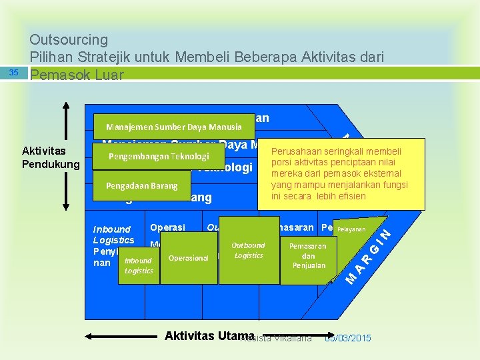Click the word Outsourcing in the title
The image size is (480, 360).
pos(69,40)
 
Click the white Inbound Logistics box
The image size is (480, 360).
pos(139,265)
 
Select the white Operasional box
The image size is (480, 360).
pos(189,258)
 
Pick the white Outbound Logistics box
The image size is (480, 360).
pos(249,251)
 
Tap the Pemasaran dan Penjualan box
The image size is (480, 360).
pos(308,255)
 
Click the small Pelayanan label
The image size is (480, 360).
pos(351,229)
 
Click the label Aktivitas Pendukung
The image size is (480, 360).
pos(50,157)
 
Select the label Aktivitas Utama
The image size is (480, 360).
pos(209,336)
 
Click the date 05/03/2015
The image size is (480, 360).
pos(347,339)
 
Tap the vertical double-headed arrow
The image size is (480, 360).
pos(67,157)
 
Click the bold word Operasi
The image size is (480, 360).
pos(168,227)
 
